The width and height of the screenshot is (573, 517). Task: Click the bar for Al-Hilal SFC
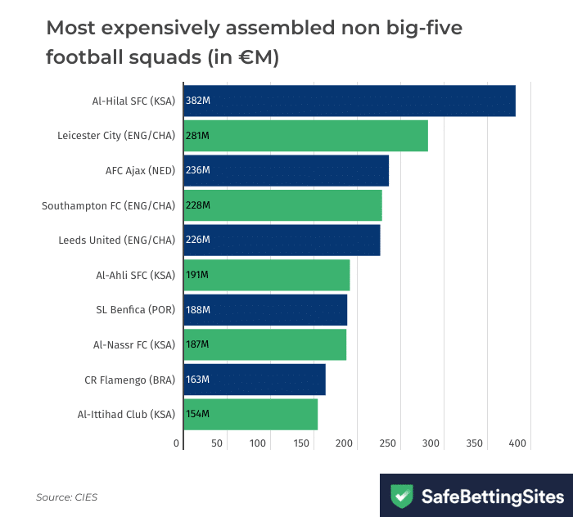[350, 101]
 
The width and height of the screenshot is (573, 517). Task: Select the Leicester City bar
[305, 136]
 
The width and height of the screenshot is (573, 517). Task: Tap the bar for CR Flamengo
[255, 380]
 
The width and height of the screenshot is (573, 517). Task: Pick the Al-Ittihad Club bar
[250, 414]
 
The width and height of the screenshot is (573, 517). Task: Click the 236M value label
[198, 170]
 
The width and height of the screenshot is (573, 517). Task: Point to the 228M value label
[198, 205]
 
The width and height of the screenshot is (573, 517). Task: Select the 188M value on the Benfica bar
[198, 310]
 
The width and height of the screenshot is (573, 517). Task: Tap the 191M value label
[198, 275]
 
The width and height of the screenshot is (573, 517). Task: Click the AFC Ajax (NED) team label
[140, 170]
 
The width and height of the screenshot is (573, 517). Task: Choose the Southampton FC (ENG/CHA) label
[108, 205]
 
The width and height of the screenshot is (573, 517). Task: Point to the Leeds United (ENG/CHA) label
[116, 241]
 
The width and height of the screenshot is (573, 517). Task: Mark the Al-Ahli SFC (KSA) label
[135, 275]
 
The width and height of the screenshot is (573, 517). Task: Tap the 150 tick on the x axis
[303, 443]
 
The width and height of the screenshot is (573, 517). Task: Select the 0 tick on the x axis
[177, 443]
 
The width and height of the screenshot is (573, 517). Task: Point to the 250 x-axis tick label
[389, 443]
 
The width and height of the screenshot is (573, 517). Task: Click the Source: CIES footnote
[66, 497]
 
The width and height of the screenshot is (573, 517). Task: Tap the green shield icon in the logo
[401, 496]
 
